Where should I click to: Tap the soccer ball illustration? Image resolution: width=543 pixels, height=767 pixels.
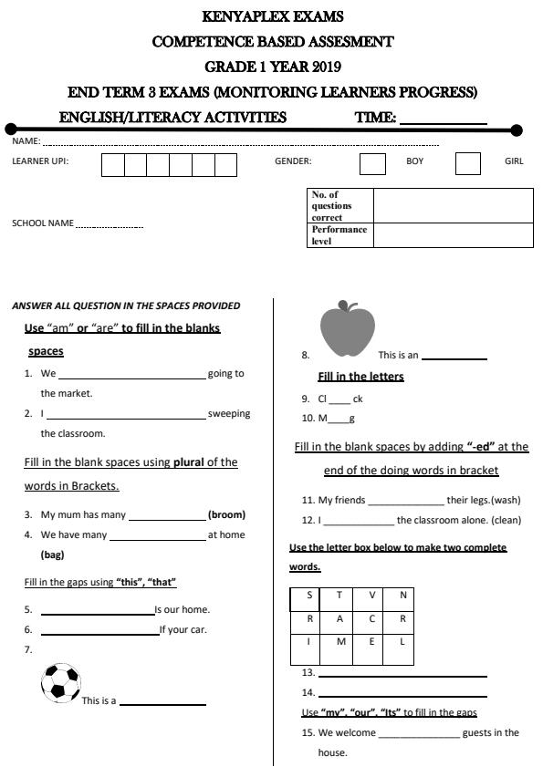pyautogui.click(x=61, y=682)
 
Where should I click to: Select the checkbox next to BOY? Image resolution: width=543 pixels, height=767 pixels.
pyautogui.click(x=372, y=164)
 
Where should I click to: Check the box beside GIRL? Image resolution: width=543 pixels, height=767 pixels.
pyautogui.click(x=467, y=164)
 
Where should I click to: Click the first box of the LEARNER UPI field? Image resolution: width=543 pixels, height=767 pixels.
pyautogui.click(x=112, y=165)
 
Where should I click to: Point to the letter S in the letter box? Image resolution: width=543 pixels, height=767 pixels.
pyautogui.click(x=309, y=595)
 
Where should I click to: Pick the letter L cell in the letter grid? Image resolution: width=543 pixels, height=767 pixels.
pyautogui.click(x=402, y=641)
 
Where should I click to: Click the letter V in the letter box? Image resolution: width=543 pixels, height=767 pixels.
pyautogui.click(x=371, y=595)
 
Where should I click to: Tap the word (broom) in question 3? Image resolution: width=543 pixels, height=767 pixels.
pyautogui.click(x=226, y=514)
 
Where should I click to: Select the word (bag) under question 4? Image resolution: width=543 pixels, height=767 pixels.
pyautogui.click(x=53, y=555)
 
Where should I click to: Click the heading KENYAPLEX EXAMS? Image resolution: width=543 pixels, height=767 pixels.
pyautogui.click(x=272, y=16)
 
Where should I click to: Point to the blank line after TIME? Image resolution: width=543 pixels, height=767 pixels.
pyautogui.click(x=443, y=118)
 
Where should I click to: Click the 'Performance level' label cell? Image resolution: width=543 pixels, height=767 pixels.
pyautogui.click(x=339, y=235)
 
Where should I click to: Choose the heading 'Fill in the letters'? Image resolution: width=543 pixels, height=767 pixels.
pyautogui.click(x=360, y=377)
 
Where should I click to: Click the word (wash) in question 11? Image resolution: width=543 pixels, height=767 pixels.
pyautogui.click(x=506, y=500)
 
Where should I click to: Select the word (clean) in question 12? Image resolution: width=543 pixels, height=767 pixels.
pyautogui.click(x=503, y=520)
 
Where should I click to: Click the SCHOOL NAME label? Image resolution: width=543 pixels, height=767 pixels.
pyautogui.click(x=42, y=223)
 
